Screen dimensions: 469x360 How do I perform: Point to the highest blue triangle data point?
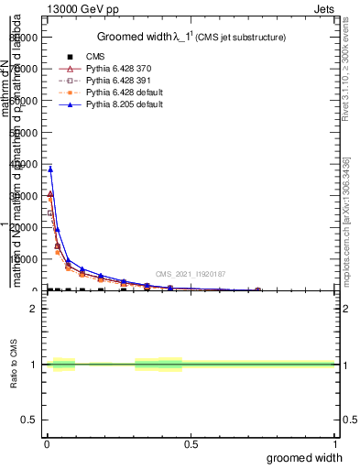(50, 169)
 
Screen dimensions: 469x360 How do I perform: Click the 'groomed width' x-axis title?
(307, 457)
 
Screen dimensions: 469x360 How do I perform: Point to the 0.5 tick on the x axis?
(191, 443)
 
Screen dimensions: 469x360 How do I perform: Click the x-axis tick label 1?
(334, 443)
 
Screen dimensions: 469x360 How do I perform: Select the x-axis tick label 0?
(47, 443)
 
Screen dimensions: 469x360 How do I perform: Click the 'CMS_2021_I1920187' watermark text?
(190, 274)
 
